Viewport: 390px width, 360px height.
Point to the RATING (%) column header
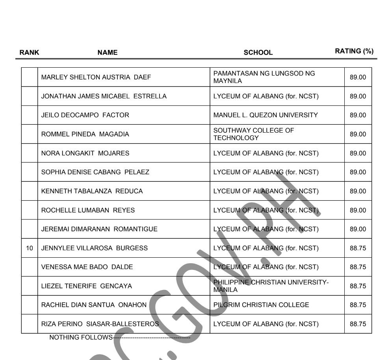coord(354,51)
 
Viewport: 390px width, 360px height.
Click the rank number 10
coord(30,248)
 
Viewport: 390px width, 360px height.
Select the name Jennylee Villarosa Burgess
coord(95,248)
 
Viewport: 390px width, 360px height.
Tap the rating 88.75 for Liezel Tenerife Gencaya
coord(358,286)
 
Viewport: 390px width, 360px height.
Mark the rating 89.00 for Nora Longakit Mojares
coord(358,153)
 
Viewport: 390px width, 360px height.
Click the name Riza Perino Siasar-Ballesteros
coord(100,324)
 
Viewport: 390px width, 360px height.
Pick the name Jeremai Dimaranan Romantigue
coord(100,229)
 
